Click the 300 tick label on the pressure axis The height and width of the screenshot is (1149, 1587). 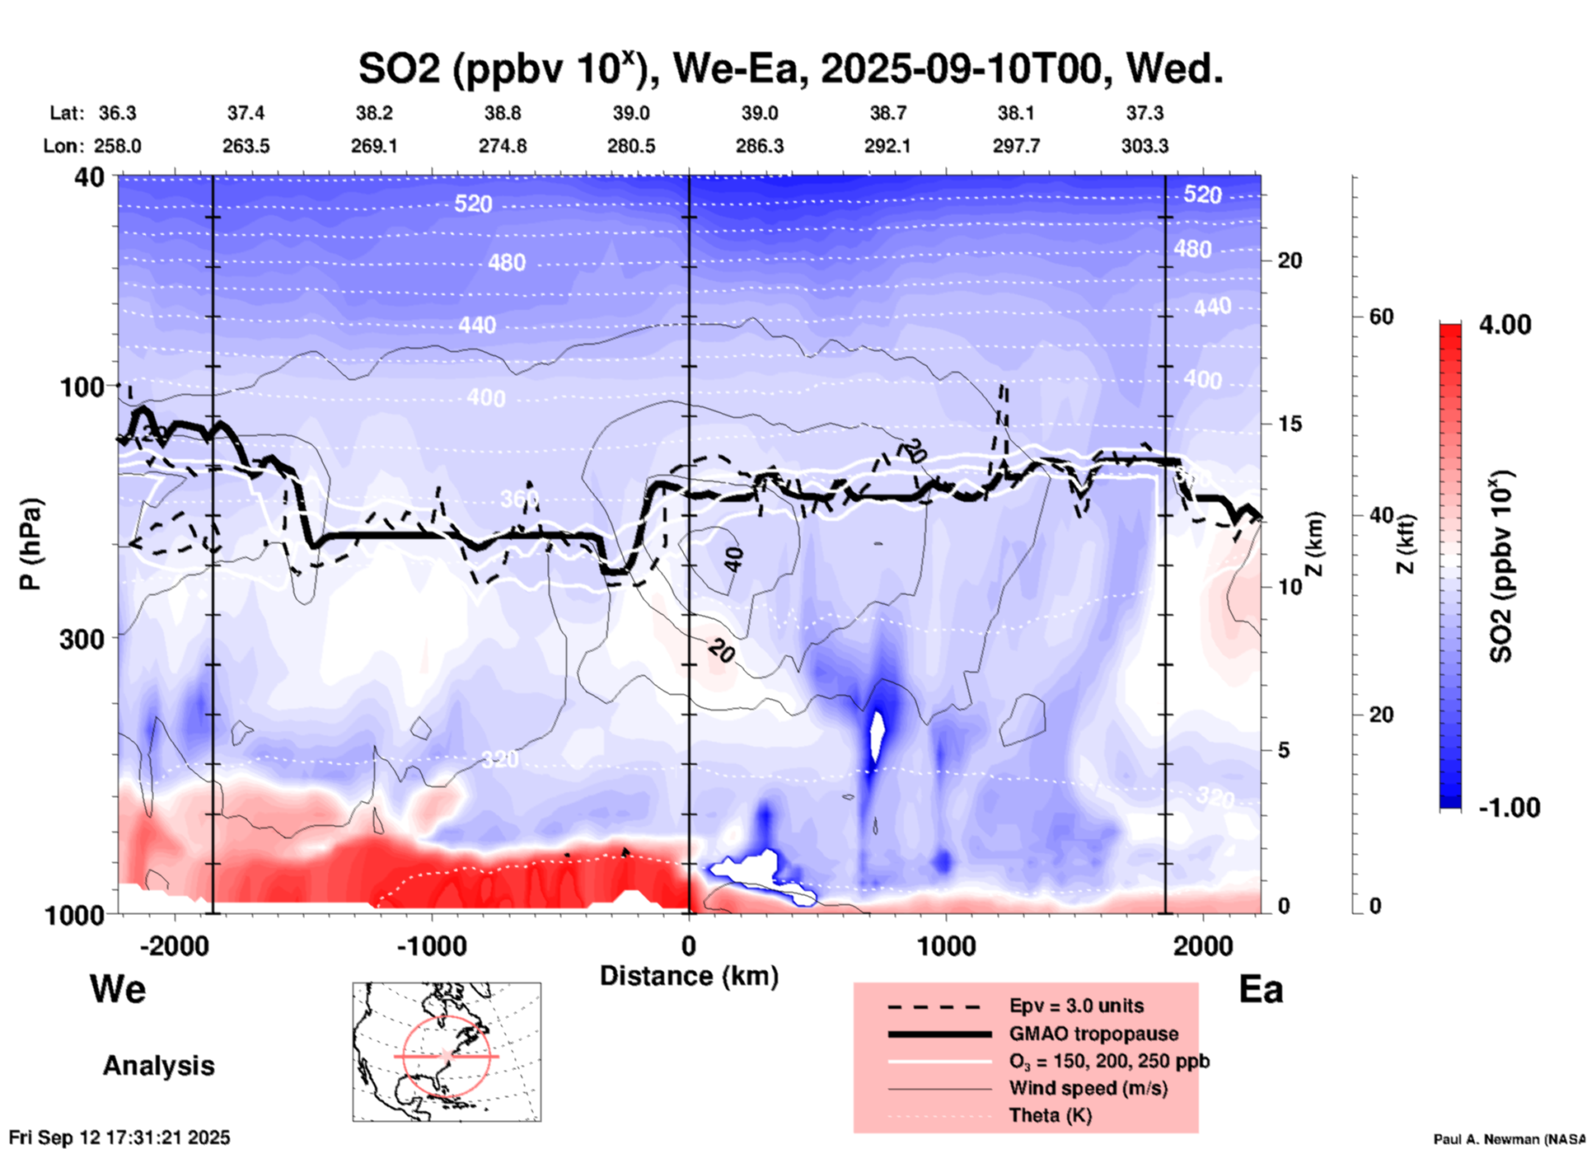(82, 639)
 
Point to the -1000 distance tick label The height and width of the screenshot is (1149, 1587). (432, 946)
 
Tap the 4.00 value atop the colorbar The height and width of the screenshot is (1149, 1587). (1505, 325)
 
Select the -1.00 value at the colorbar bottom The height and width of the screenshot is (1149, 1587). (1509, 808)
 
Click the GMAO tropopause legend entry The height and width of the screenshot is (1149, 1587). (1093, 1034)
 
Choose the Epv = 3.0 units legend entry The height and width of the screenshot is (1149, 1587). (1075, 1006)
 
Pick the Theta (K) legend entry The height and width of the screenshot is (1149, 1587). (1050, 1115)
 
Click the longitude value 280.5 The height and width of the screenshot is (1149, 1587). (631, 146)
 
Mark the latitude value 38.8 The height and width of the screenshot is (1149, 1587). (503, 113)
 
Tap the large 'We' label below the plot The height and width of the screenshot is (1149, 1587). (118, 989)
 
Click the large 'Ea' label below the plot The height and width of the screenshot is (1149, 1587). (1261, 990)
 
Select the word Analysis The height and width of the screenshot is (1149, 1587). (158, 1066)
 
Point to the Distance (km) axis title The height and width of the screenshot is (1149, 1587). (689, 976)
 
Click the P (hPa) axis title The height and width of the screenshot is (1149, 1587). (30, 544)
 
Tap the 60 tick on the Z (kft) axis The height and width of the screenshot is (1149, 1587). (1380, 317)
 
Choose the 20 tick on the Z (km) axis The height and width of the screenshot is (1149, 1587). (1290, 260)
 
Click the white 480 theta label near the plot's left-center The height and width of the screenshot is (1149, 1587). (507, 262)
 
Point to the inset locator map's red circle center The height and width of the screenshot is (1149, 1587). (446, 1056)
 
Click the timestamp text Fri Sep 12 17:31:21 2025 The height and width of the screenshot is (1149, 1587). (120, 1137)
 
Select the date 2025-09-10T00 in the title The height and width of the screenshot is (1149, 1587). (962, 69)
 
